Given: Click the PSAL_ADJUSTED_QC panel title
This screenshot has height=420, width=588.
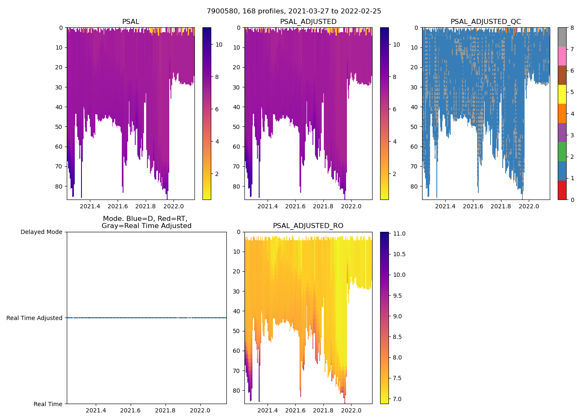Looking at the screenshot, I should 486,22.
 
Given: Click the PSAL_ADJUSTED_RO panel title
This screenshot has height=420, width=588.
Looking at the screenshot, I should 308,226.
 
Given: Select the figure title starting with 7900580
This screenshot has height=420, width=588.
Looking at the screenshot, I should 294,11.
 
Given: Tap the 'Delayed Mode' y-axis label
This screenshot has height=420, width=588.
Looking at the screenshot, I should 41,232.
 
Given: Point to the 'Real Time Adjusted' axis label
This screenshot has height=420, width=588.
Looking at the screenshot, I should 34,318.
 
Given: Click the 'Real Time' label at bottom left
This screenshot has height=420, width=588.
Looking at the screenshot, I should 48,404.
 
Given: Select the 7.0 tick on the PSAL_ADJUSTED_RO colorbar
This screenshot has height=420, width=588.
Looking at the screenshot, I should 396,399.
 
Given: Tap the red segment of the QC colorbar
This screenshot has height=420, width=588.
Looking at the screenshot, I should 562,190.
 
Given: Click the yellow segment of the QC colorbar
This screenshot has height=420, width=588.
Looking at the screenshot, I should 562,94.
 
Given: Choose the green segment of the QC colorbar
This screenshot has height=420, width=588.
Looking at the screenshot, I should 562,152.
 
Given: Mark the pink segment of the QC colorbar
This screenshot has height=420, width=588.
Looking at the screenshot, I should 562,56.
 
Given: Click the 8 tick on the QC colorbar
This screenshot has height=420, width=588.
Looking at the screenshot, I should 572,28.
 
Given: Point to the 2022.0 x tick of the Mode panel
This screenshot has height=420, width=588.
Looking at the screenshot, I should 200,410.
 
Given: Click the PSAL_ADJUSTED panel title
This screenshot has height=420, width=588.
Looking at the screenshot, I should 308,22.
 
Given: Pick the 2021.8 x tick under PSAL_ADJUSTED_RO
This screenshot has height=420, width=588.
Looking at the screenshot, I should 323,410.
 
